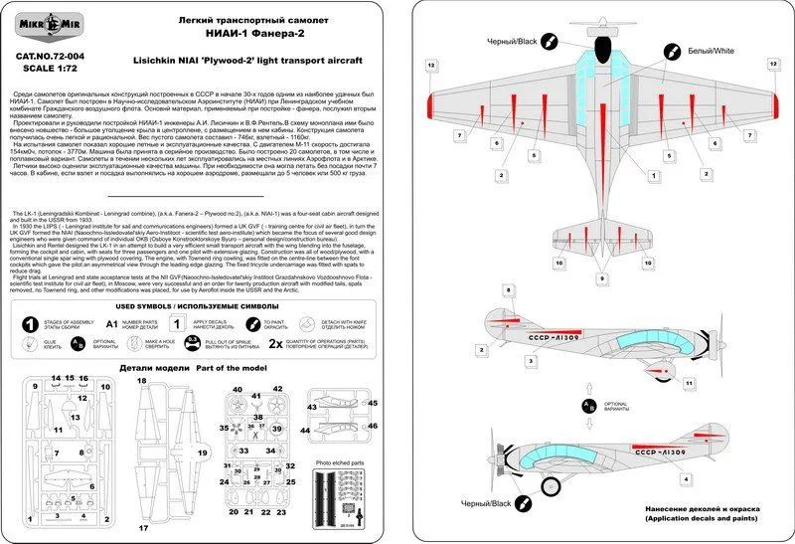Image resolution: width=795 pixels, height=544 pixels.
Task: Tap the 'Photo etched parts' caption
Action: tap(338, 461)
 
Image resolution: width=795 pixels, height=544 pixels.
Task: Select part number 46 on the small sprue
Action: tap(374, 425)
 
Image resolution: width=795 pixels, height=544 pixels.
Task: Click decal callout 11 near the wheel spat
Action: tap(688, 382)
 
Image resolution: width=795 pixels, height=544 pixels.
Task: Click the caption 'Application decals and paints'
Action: tap(706, 519)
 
